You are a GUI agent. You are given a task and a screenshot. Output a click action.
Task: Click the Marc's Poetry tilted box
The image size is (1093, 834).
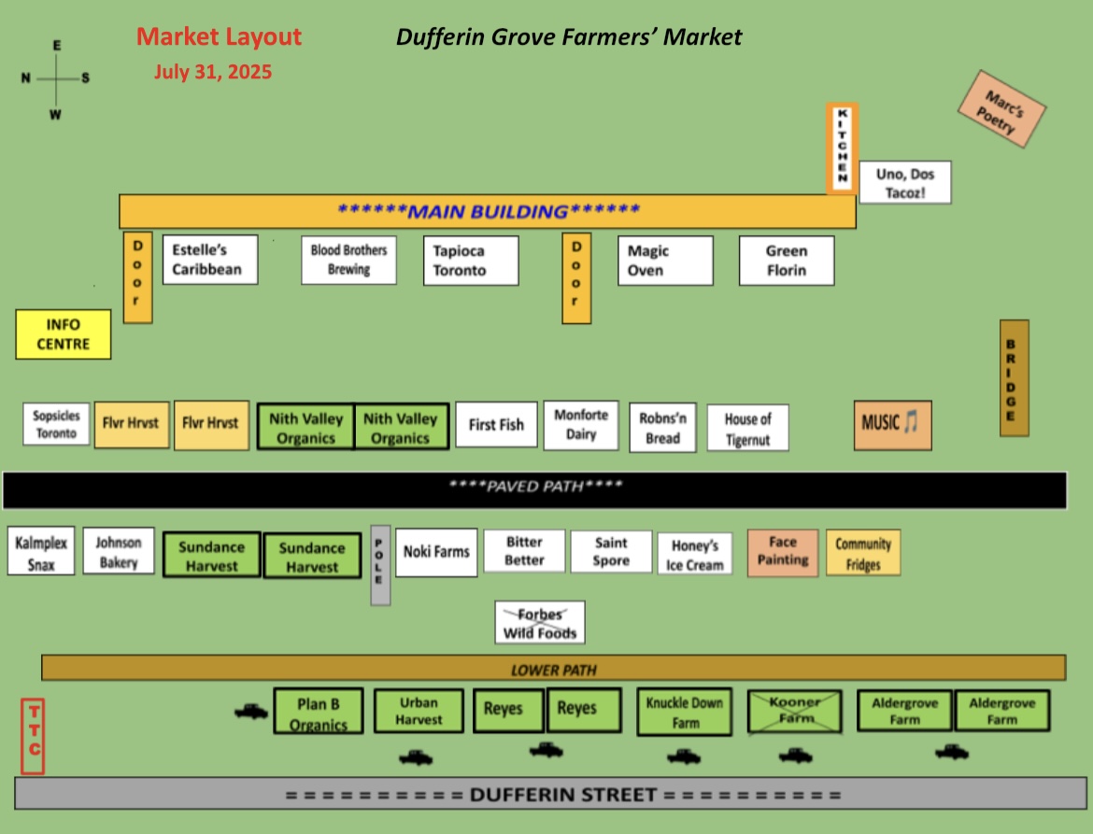[x=1001, y=108]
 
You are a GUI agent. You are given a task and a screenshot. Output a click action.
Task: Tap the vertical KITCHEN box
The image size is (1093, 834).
[x=842, y=148]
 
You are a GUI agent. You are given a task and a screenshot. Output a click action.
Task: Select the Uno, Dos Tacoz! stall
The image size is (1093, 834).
[x=905, y=182]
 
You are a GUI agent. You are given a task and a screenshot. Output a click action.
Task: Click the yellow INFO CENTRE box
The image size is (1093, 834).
[x=64, y=334]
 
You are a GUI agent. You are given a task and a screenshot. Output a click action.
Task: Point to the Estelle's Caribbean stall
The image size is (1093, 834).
[x=210, y=260]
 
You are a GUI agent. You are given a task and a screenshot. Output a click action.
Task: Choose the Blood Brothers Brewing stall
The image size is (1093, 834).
[x=348, y=260]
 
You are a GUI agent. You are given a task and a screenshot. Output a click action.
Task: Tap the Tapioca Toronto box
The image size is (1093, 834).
[x=471, y=261]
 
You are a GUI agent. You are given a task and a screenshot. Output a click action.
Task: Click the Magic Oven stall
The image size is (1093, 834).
[x=665, y=261]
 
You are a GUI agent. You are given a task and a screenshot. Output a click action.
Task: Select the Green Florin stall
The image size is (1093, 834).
[x=787, y=261]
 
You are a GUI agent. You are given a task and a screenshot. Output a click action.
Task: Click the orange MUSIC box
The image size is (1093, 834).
[x=892, y=425]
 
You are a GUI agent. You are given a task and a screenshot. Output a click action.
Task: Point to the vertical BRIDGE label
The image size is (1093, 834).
[x=1015, y=378]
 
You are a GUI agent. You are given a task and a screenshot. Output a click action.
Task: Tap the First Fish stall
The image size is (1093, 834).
[x=496, y=424]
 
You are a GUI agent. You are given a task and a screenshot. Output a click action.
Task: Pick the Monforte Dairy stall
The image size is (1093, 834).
[x=581, y=425]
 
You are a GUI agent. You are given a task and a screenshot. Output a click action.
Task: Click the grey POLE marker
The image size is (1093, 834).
[x=380, y=565]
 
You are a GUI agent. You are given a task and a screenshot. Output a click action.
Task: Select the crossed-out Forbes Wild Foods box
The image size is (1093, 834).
[x=540, y=622]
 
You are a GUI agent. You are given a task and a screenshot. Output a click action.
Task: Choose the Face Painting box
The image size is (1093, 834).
[x=782, y=552]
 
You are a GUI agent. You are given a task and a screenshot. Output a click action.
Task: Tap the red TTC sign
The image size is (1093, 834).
[x=33, y=737]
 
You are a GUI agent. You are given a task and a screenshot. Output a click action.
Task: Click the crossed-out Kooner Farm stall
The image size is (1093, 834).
[x=794, y=712]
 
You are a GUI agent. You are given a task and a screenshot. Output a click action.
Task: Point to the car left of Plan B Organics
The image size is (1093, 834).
[x=251, y=712]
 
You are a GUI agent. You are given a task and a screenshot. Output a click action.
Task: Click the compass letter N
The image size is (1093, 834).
[x=26, y=78]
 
